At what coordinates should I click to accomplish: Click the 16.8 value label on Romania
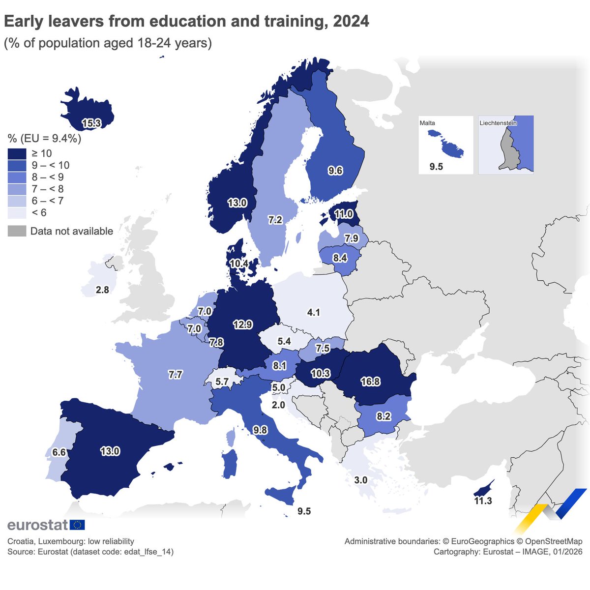370,382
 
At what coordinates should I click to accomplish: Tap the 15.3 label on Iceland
91,123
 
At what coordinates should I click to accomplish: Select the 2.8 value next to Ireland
102,290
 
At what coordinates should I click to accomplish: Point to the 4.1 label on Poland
313,312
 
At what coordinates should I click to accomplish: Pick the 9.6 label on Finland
335,171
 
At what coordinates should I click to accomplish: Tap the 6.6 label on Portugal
59,452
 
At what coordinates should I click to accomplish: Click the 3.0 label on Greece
361,480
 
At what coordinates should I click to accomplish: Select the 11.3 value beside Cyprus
483,501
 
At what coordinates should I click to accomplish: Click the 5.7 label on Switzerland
222,382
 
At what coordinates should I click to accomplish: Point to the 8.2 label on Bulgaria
383,416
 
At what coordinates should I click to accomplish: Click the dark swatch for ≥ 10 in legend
17,153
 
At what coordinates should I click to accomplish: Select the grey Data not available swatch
17,231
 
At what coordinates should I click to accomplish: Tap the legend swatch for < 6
17,212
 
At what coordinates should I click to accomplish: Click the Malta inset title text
427,123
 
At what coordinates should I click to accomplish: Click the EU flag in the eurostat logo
77,525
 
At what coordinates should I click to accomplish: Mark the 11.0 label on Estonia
344,214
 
